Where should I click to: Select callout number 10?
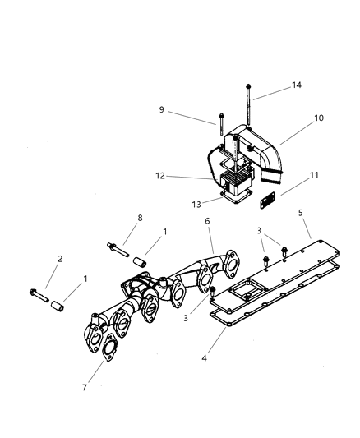coord(319,118)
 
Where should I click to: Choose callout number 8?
coord(140,218)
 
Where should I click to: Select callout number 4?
coord(203,359)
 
